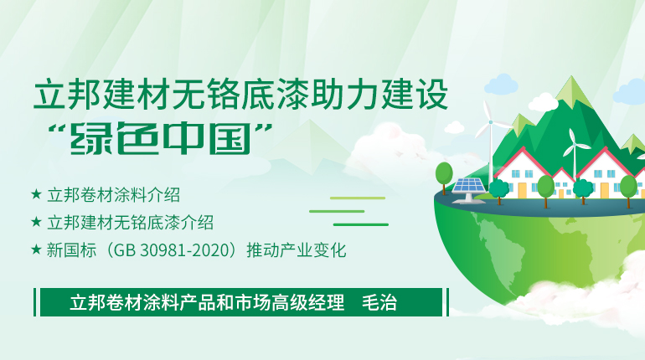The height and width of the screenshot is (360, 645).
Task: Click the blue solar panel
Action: (x=468, y=186)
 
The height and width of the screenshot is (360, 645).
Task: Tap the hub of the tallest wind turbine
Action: (x=490, y=122)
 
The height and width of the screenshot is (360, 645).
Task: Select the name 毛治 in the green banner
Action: (x=379, y=302)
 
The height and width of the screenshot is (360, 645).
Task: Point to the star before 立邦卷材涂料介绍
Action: (x=36, y=194)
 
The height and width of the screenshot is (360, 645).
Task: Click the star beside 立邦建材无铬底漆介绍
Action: (x=36, y=222)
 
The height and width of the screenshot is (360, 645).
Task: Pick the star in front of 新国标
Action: (x=36, y=249)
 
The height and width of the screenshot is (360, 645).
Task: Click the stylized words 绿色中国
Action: (x=161, y=138)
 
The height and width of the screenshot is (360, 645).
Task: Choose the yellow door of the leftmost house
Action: (x=522, y=190)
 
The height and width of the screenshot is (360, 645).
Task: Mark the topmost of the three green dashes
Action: (x=358, y=198)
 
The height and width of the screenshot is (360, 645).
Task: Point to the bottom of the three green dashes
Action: (x=361, y=225)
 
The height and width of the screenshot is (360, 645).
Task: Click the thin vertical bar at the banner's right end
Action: (x=447, y=302)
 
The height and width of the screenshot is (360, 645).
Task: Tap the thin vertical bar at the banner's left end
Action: (x=35, y=302)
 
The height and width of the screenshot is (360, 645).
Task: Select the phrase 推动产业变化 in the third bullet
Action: (x=297, y=249)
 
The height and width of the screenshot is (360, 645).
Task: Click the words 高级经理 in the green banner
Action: (x=307, y=302)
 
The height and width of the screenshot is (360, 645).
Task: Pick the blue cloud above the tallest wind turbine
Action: (x=501, y=85)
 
